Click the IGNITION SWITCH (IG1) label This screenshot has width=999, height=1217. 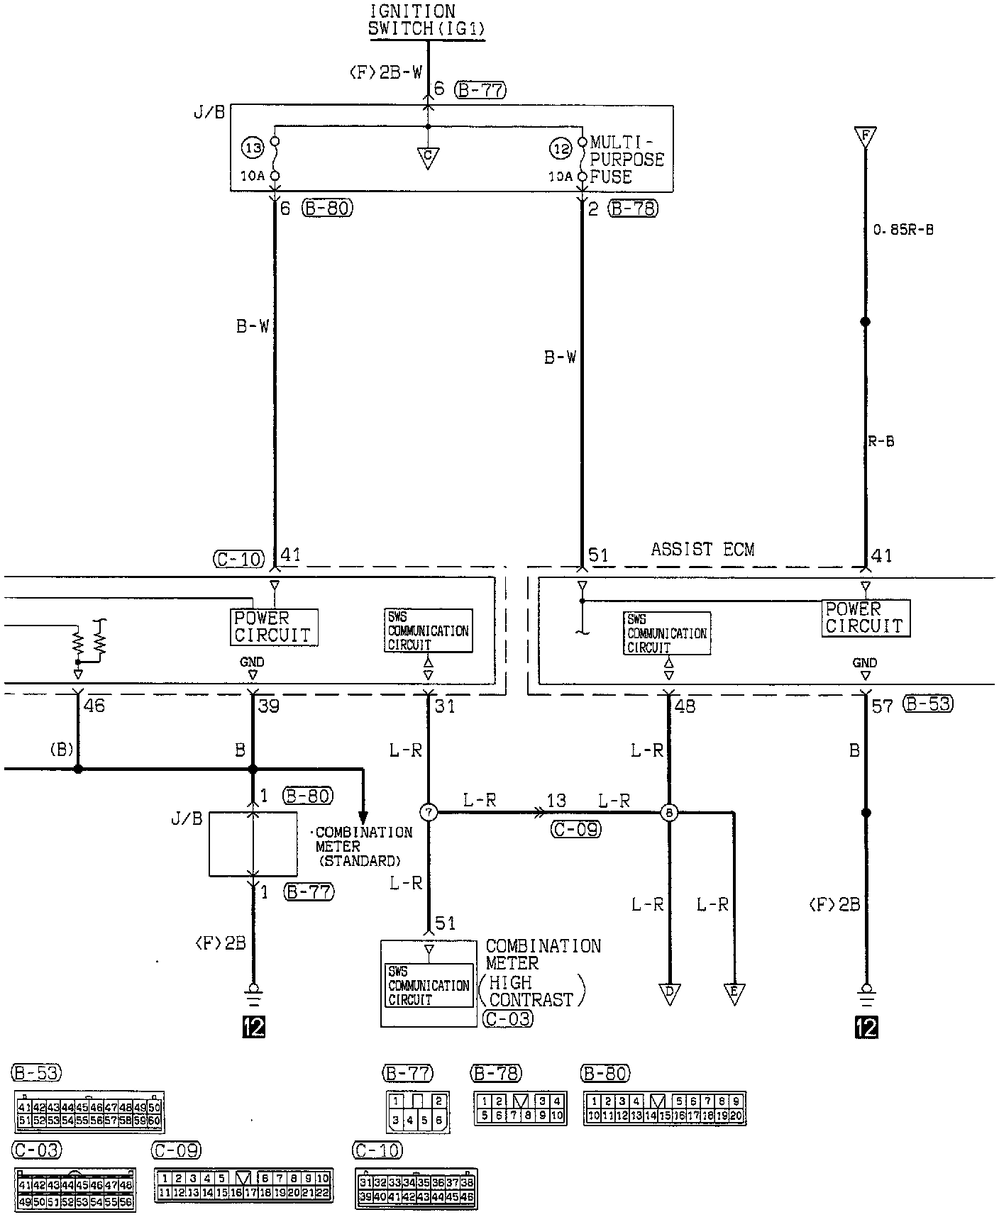click(426, 21)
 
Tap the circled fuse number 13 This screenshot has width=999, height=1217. click(253, 148)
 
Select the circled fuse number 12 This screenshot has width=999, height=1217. click(561, 149)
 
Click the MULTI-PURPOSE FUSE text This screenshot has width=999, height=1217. click(626, 160)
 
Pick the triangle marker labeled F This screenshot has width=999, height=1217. click(865, 136)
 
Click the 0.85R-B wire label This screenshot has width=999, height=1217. click(903, 230)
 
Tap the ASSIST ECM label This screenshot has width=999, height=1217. click(702, 549)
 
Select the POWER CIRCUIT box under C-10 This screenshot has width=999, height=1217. click(273, 627)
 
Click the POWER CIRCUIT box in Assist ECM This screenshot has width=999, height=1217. click(866, 618)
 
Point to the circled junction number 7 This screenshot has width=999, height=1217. click(429, 812)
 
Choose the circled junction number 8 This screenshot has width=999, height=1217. click(669, 813)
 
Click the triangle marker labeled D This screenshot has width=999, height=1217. click(669, 994)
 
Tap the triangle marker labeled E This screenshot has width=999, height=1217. click(734, 994)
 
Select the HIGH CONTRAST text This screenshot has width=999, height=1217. click(531, 991)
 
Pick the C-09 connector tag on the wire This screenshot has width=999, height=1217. click(575, 829)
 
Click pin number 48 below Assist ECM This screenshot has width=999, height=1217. click(685, 706)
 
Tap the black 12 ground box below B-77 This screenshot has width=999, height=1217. click(253, 1027)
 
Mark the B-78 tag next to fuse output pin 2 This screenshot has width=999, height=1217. click(634, 209)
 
